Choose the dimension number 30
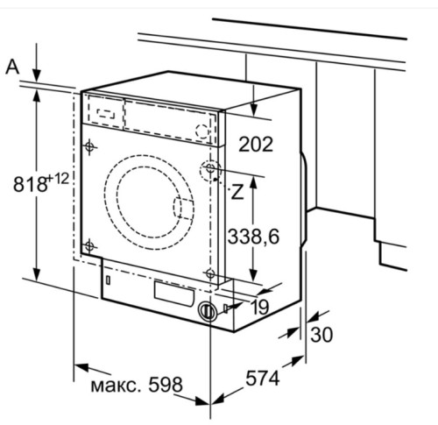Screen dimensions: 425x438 click(x=321, y=334)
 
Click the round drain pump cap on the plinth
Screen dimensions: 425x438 click(x=207, y=311)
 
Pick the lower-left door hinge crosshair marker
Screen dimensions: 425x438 click(x=88, y=244)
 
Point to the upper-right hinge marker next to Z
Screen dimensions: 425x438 click(x=211, y=169)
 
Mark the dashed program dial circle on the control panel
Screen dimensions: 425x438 click(x=203, y=131)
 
